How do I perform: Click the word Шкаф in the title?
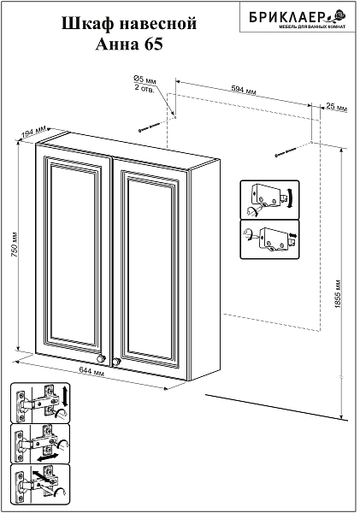coord(86,24)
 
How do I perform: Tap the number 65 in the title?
coord(153,44)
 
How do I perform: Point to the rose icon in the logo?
coord(339,15)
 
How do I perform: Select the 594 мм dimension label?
coord(244,89)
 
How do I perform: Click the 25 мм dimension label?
coord(337,107)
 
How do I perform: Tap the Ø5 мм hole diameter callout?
coord(145,80)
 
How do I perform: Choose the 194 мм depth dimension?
coord(33,133)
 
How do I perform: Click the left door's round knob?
coord(101,358)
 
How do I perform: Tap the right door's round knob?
coord(116,361)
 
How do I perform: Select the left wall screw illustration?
coord(150,127)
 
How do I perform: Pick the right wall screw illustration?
coord(286,152)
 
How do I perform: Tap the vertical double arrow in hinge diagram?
coord(64,396)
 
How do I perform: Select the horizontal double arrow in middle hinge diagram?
coord(48,457)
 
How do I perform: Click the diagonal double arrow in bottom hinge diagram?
coord(42,476)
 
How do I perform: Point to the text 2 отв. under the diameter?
coord(144,88)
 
